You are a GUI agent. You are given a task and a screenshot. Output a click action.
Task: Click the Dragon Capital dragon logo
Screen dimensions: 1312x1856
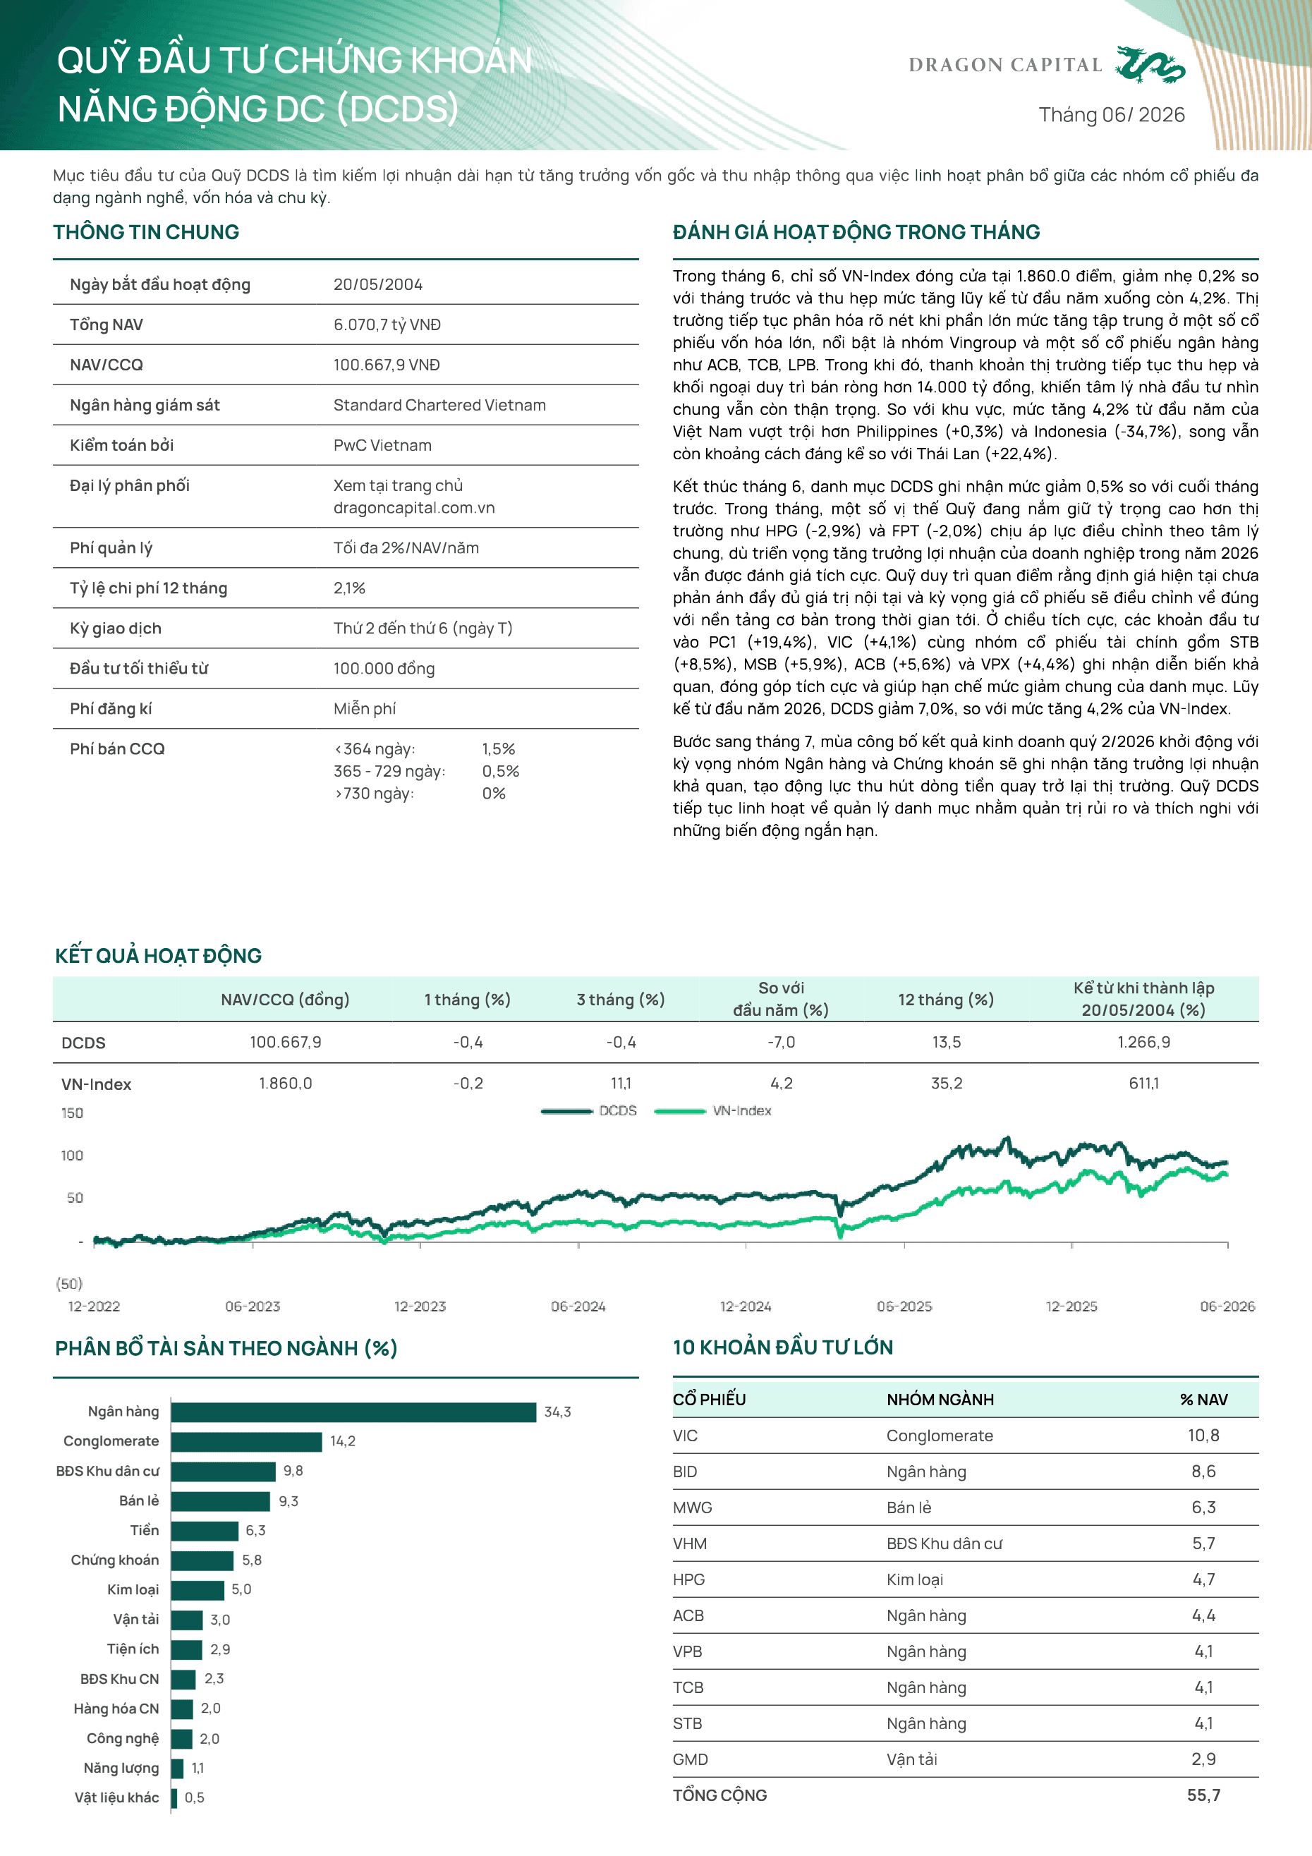[x=1150, y=65]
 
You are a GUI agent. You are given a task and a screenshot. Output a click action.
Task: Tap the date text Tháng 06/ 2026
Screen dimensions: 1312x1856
[x=1112, y=115]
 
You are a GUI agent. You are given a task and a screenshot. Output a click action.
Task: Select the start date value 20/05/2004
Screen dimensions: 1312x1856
[x=377, y=284]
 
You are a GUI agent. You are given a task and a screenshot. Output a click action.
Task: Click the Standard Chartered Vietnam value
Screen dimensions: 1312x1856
[x=439, y=405]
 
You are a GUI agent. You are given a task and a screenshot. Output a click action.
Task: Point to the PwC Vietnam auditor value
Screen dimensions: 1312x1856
[x=382, y=445]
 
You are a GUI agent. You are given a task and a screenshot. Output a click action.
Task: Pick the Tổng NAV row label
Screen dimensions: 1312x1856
[x=106, y=325]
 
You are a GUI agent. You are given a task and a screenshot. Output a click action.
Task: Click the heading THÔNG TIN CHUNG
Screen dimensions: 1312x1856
[x=146, y=232]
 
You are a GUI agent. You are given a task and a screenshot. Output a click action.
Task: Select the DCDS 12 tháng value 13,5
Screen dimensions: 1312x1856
[x=946, y=1042]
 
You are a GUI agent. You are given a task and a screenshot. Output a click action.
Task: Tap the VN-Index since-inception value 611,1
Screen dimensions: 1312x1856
[x=1144, y=1084]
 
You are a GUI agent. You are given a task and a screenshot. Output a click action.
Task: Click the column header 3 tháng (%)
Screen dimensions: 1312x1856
[x=621, y=1000]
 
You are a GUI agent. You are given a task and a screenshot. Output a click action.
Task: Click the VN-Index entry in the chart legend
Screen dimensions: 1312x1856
[x=713, y=1110]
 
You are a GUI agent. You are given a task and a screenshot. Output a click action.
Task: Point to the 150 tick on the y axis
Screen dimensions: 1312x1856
[x=72, y=1113]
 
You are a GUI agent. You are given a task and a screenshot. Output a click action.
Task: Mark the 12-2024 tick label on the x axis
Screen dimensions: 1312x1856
[x=746, y=1306]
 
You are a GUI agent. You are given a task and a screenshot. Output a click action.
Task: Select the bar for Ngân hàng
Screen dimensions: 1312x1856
[x=353, y=1412]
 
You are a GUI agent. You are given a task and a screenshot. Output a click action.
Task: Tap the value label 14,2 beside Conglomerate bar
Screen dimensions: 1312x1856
[x=343, y=1441]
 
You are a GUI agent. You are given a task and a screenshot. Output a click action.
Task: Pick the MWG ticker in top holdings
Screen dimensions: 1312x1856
[x=693, y=1508]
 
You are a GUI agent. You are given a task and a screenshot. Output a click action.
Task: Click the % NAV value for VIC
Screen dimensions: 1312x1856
[x=1203, y=1436]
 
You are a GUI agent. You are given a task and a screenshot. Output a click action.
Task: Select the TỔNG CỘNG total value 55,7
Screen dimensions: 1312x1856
[x=1203, y=1795]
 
